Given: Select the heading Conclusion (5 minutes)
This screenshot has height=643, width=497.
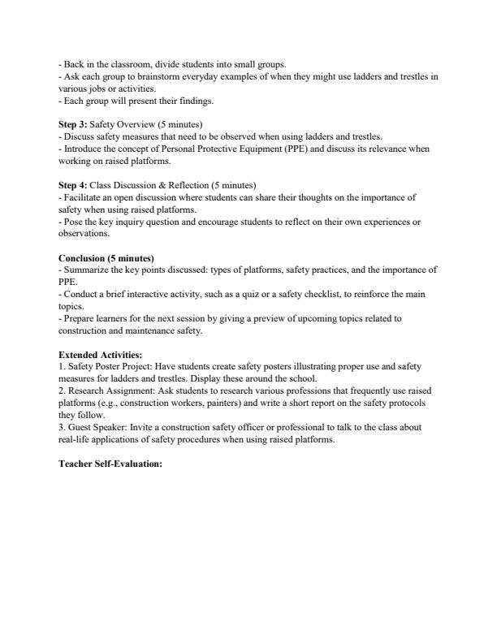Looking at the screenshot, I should coord(106,258).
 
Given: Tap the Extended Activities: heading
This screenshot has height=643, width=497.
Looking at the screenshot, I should coord(100,331).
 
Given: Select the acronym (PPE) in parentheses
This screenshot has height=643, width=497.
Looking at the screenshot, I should coord(287,149).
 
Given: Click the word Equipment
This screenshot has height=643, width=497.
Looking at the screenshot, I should coord(248,149).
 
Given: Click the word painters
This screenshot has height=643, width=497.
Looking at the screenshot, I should coord(226,403).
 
